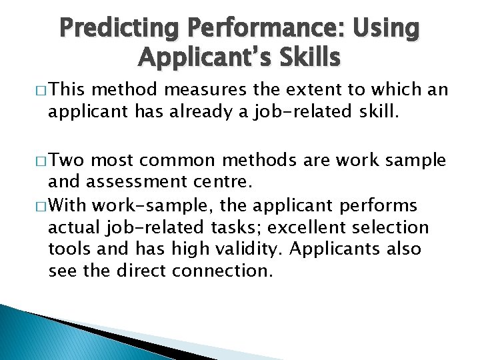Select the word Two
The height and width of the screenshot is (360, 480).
68,160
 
